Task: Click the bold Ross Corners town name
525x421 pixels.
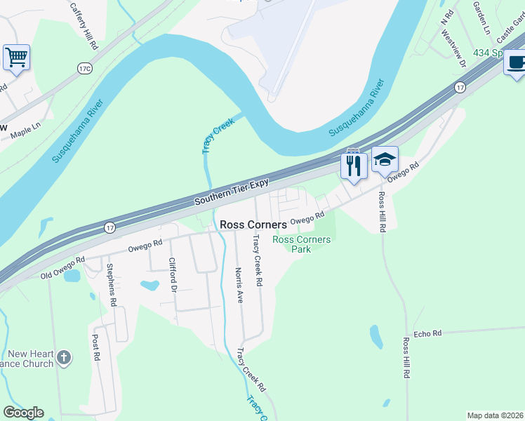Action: (253, 225)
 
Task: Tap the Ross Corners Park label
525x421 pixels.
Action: (301, 244)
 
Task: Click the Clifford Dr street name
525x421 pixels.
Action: (172, 276)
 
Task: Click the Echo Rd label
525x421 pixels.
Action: (427, 333)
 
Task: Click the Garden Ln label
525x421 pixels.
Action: (481, 18)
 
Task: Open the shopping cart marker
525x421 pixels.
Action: (16, 56)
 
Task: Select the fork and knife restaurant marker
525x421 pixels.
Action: (353, 166)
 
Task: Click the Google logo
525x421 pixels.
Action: (23, 413)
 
